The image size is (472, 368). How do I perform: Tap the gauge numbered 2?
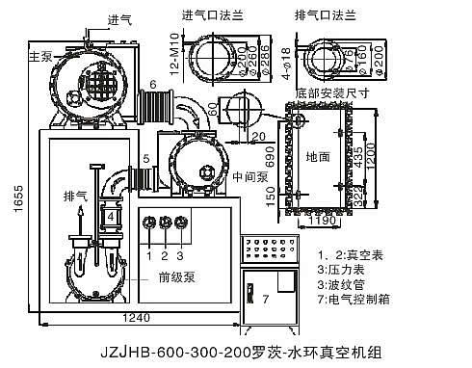pos(165,224)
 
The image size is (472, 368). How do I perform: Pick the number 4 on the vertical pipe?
pos(112,217)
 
